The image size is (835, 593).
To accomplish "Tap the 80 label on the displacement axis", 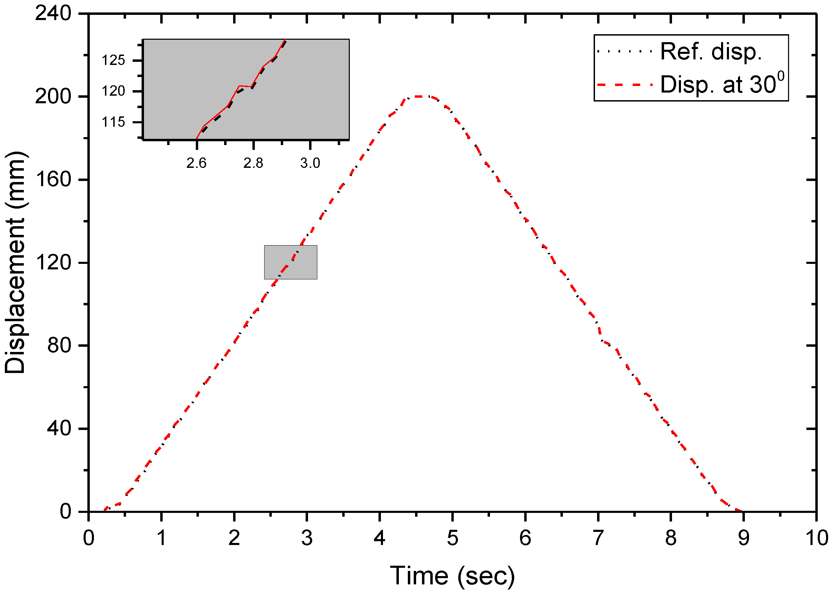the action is click(x=59, y=345).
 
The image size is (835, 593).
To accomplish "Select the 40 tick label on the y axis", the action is click(x=59, y=428).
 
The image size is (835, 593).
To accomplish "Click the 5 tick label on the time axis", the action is click(x=452, y=538).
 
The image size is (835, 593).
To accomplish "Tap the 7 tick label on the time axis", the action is click(x=598, y=538).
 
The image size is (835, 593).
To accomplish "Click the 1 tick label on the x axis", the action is click(x=161, y=538).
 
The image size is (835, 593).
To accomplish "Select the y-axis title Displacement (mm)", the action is click(x=15, y=262).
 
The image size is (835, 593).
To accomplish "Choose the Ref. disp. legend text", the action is click(x=711, y=51).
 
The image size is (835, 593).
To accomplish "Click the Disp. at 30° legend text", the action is click(x=722, y=84).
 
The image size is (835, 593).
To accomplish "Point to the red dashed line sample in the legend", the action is click(x=625, y=85).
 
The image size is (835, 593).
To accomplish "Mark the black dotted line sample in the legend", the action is click(x=625, y=51).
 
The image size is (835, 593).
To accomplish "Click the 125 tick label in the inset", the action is click(x=114, y=60).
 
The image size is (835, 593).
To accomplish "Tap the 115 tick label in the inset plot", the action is click(x=114, y=122).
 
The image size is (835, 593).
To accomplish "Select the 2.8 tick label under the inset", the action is click(x=253, y=163).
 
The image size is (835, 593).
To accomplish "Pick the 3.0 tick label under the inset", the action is click(x=310, y=163).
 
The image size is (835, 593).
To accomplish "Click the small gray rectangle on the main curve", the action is click(x=291, y=262).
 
